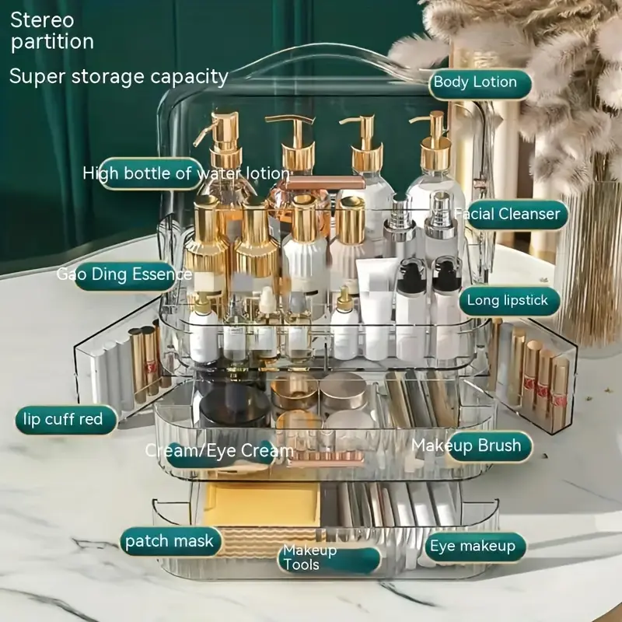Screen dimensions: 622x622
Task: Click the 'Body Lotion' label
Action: pos(475,82)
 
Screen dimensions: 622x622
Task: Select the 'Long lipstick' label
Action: pos(508,301)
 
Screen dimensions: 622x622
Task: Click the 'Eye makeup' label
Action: pos(473,547)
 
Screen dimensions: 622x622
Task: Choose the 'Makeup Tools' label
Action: pos(311,557)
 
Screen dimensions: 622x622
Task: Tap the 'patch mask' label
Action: pos(169,541)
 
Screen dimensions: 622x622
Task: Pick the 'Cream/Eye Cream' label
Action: pos(220,451)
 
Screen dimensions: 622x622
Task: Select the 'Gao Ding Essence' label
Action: pos(124,274)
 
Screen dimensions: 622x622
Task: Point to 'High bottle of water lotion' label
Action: pos(187,173)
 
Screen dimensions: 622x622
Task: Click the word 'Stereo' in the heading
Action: pos(42,19)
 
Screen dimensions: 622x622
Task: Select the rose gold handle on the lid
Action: pos(326,183)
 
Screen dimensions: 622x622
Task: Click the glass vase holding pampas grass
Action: pos(590,264)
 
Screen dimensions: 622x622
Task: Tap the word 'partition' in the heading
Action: pos(53,41)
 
